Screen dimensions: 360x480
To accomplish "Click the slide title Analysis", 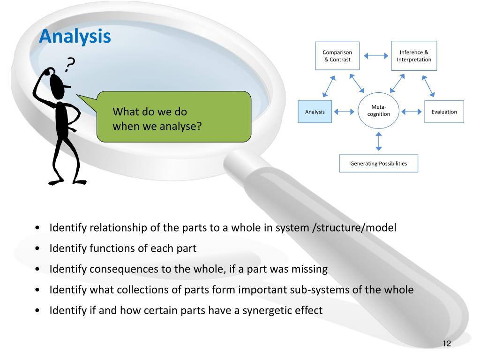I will click(x=75, y=36).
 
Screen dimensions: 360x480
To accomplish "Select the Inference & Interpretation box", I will click(x=414, y=56).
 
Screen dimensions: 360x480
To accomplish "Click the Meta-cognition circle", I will click(x=378, y=111).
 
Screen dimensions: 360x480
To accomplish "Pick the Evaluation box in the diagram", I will click(x=444, y=112).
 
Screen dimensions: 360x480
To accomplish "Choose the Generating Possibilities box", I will click(x=378, y=164).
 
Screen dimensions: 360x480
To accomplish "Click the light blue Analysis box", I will click(x=315, y=112).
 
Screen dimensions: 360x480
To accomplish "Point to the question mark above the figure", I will click(x=70, y=64).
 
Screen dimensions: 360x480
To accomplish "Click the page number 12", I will click(x=446, y=344).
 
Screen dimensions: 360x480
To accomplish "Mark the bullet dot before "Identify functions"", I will click(x=37, y=249).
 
